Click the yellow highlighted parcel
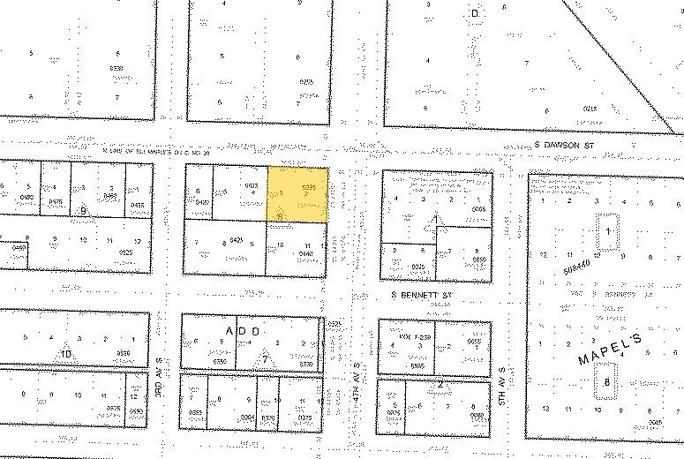click(x=298, y=193)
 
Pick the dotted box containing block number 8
click(x=607, y=384)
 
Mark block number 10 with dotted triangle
click(x=65, y=354)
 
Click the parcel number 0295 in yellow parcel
click(x=309, y=187)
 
